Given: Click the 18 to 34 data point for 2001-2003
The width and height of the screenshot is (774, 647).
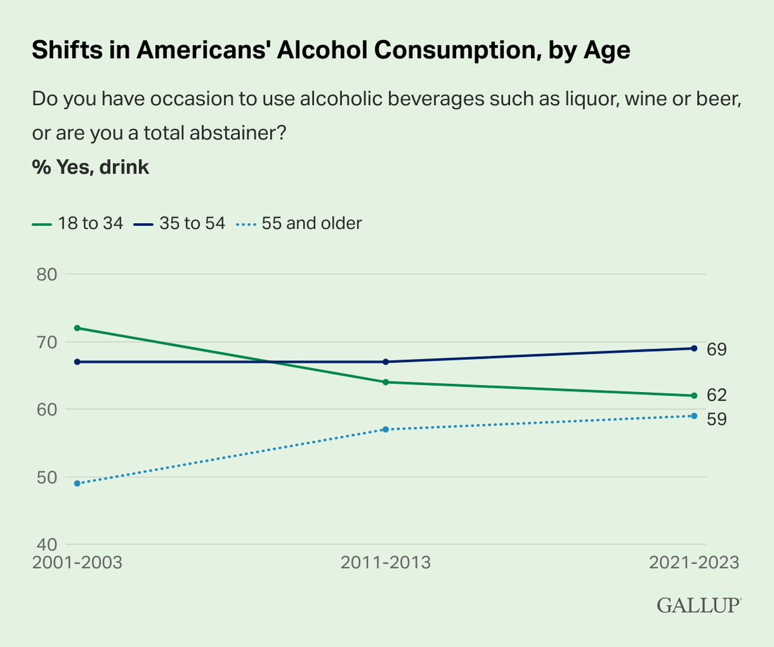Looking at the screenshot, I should (x=77, y=328).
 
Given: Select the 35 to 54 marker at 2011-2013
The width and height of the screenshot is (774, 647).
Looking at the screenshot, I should (x=385, y=362).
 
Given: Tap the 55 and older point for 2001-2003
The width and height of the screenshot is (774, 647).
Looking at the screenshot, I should (x=77, y=483).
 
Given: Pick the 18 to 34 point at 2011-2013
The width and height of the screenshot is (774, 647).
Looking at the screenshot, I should (x=385, y=382).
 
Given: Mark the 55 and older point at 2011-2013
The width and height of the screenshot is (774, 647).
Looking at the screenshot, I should (x=385, y=429).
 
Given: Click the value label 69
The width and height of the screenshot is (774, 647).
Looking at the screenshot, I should (x=717, y=350).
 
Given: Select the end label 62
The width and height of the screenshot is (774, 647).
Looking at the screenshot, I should (x=717, y=395).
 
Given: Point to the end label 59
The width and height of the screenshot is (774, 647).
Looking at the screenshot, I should (x=717, y=419).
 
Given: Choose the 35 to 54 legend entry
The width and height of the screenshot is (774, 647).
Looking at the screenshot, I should (x=180, y=224).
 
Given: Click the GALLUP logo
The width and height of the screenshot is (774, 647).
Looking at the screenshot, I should (x=699, y=605).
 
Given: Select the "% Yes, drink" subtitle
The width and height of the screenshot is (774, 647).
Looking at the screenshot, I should (x=90, y=168).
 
